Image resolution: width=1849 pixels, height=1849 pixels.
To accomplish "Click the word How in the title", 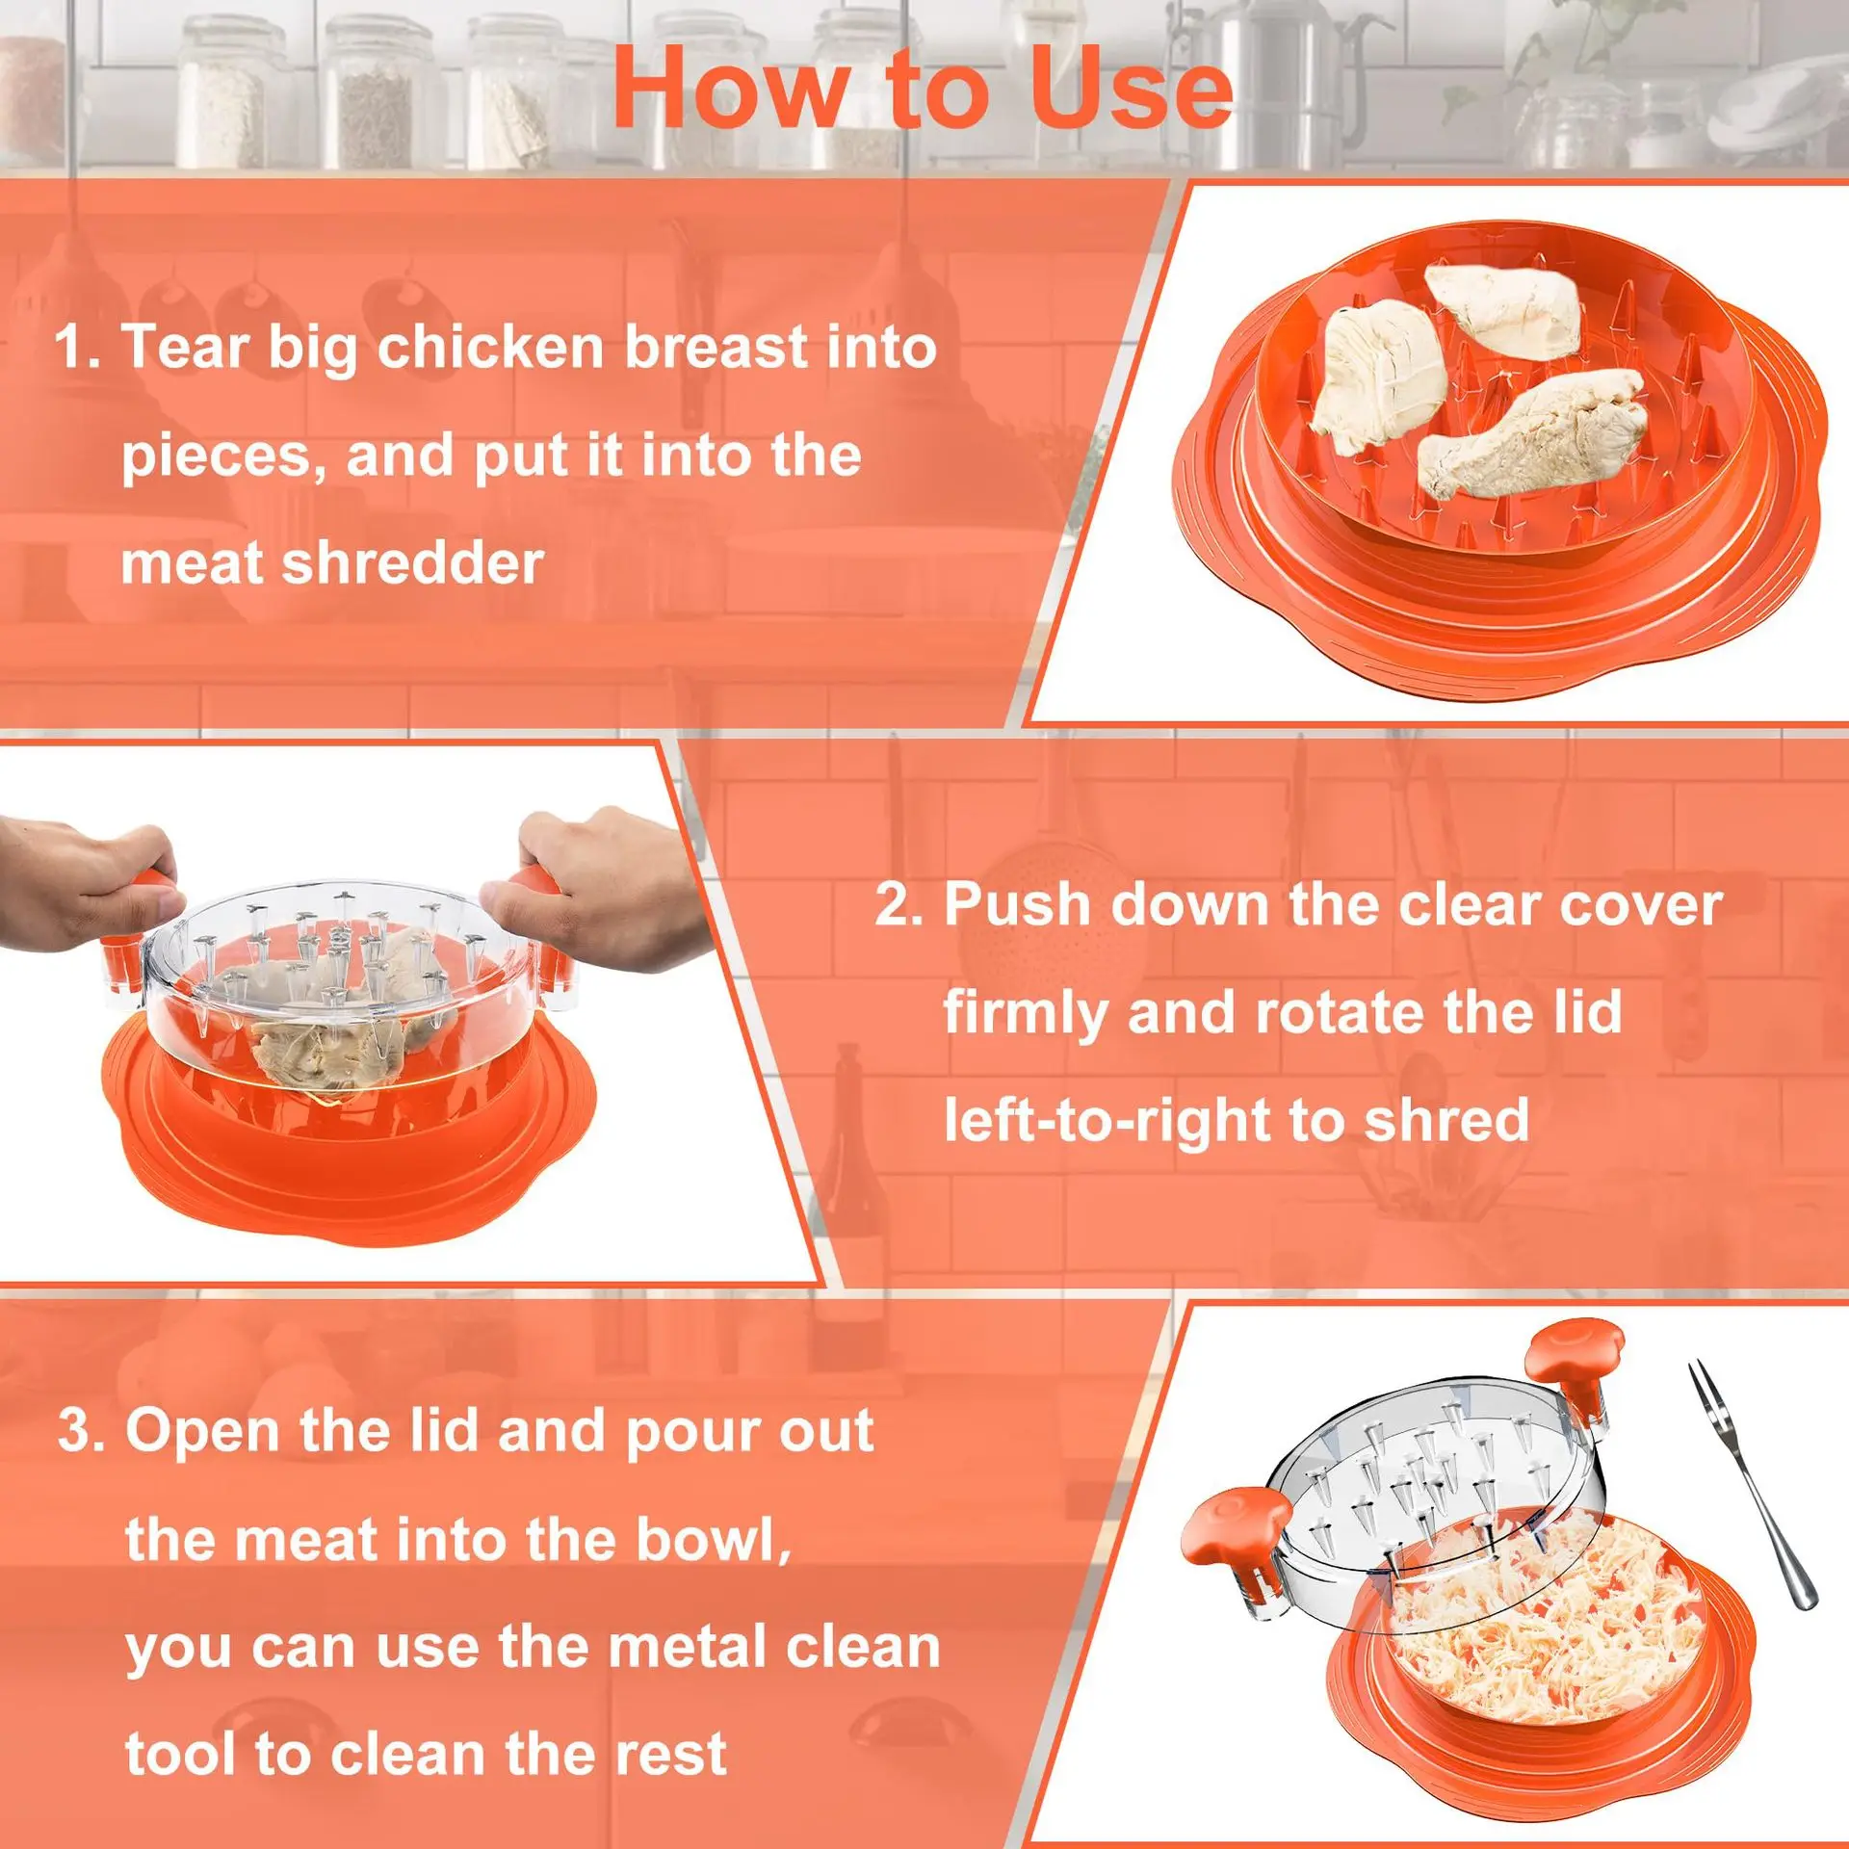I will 727,89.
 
